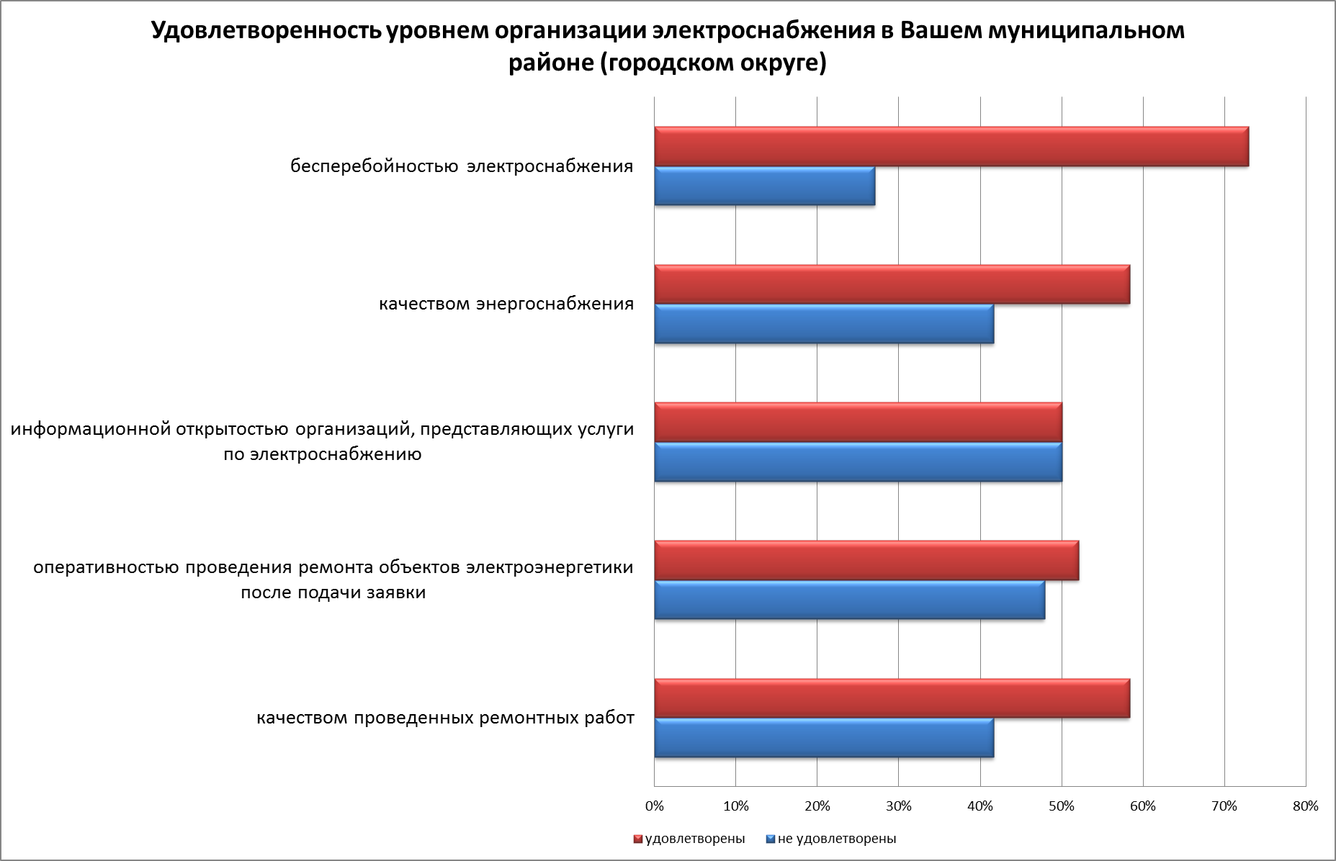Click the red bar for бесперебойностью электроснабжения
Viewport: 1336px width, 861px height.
coord(951,147)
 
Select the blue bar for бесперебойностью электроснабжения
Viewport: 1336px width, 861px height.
coord(764,186)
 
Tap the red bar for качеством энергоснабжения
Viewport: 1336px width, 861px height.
coord(892,285)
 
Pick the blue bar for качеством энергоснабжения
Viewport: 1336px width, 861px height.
coord(824,324)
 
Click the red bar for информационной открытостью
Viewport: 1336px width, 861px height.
coord(858,423)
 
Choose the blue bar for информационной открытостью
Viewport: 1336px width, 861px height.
coord(858,462)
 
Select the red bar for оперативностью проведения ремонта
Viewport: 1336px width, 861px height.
coord(866,561)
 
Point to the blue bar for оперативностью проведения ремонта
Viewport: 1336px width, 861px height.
coord(849,600)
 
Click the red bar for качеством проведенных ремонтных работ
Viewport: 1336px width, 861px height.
coord(892,698)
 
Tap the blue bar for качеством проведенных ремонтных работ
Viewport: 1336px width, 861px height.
coord(824,738)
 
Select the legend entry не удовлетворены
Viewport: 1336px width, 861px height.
coord(836,839)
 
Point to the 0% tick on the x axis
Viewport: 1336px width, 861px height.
coord(654,806)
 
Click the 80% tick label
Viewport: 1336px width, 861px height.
coord(1305,806)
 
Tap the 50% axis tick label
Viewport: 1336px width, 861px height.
coord(1061,806)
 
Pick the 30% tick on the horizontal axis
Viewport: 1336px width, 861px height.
coord(898,806)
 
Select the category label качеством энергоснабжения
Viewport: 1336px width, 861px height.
coord(506,304)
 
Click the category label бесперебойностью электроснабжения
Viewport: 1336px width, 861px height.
coord(462,166)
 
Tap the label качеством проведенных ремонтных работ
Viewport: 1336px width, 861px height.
coord(445,718)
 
